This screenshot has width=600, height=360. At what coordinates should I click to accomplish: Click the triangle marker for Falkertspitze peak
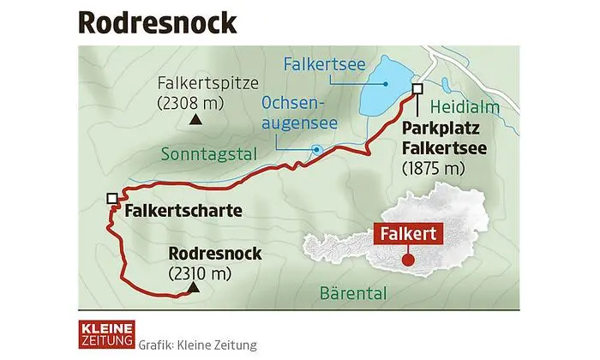[x=195, y=121]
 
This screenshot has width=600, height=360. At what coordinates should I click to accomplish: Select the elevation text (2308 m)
[x=196, y=103]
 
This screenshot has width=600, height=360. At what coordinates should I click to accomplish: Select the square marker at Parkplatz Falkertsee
[x=417, y=89]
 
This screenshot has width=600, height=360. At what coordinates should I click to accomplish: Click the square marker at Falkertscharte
[x=111, y=199]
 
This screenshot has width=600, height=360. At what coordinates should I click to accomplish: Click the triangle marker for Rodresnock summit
[x=195, y=289]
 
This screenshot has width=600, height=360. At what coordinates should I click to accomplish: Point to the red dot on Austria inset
[x=408, y=259]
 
